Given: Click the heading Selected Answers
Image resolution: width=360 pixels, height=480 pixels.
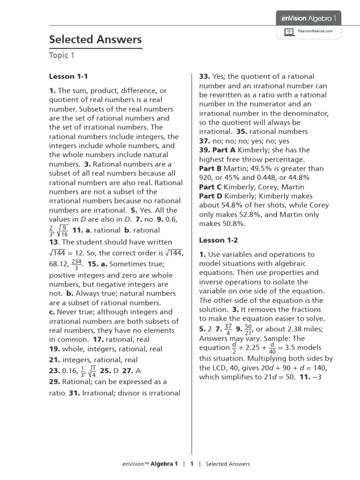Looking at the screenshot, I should click(95, 40).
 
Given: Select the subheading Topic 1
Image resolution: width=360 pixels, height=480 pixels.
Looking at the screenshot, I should click(62, 56).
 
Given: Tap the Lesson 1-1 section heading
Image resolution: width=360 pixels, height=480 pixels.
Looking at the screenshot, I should click(68, 76).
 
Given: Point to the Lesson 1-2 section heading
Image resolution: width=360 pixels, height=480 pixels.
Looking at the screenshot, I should click(218, 240).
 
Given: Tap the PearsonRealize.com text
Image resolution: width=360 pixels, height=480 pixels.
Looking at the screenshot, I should click(315, 31).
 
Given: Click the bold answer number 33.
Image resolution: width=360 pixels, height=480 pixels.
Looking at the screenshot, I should click(204, 76).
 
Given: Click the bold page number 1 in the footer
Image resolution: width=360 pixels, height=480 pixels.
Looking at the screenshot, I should click(192, 464).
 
